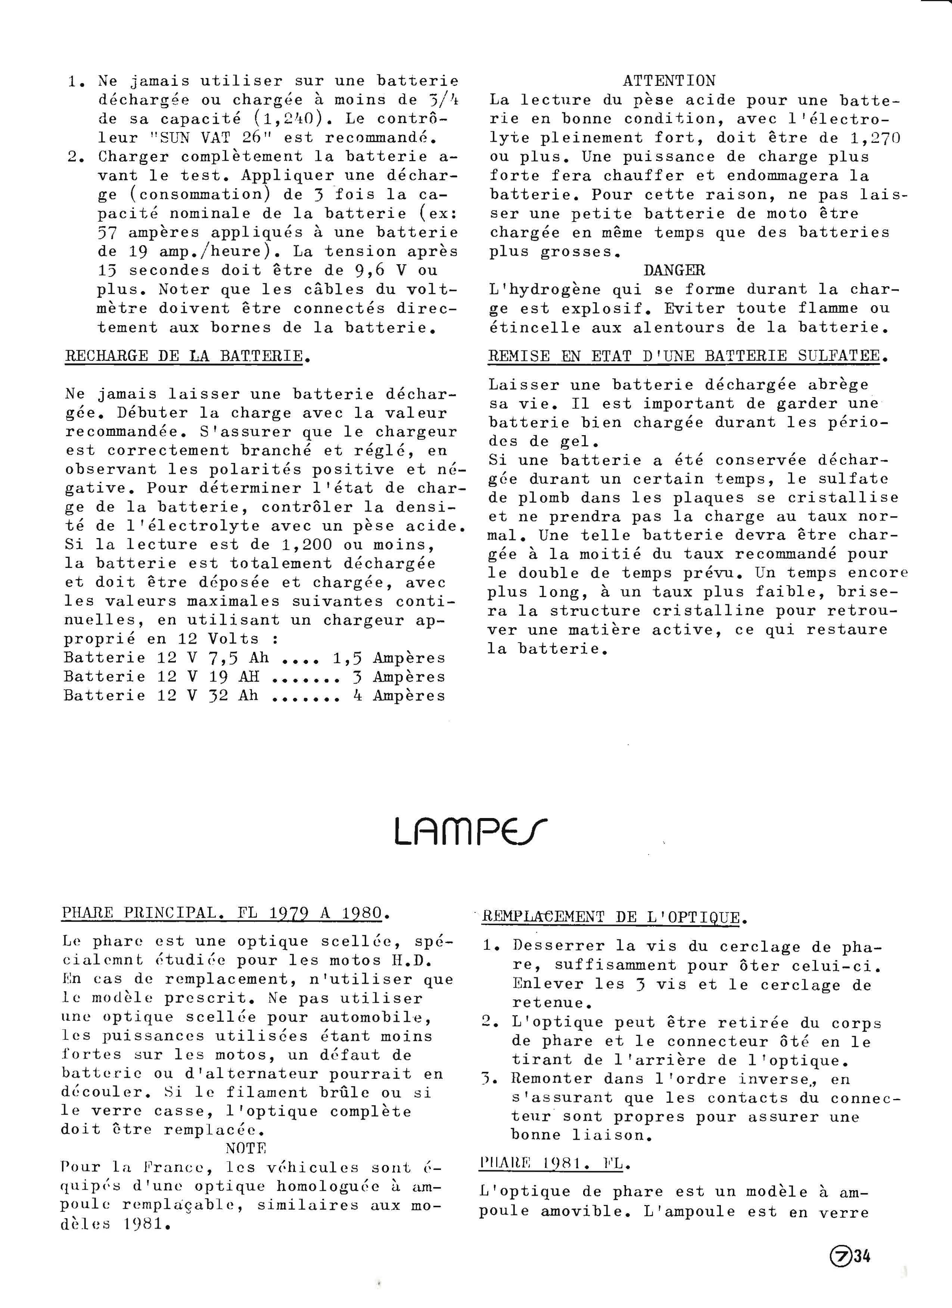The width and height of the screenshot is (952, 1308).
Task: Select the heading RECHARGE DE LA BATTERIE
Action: pos(185,356)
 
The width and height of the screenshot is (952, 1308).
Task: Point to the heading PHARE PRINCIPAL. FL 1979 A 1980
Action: pos(223,913)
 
